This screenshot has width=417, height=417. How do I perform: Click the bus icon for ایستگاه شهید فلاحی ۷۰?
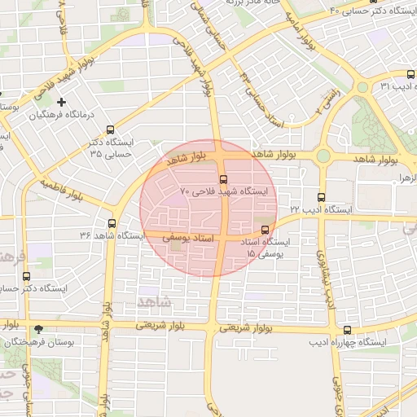pyautogui.click(x=224, y=179)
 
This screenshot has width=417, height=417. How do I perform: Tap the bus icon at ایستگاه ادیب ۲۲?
pyautogui.click(x=321, y=196)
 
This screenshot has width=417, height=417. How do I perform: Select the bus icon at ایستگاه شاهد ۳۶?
pyautogui.click(x=112, y=223)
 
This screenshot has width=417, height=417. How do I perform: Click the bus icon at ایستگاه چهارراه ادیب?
pyautogui.click(x=348, y=330)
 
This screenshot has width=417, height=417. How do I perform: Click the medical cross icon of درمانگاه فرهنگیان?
pyautogui.click(x=61, y=102)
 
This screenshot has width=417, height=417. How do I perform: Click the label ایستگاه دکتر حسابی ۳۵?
pyautogui.click(x=112, y=147)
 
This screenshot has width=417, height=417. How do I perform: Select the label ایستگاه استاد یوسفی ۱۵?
pyautogui.click(x=265, y=248)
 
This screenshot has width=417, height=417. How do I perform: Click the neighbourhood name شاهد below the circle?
pyautogui.click(x=156, y=302)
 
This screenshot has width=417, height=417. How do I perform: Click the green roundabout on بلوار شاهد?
pyautogui.click(x=323, y=156)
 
